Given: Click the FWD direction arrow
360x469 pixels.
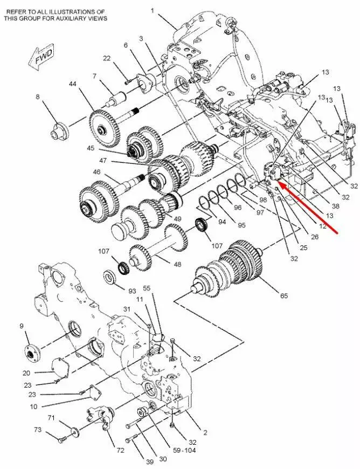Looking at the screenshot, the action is coord(40,58).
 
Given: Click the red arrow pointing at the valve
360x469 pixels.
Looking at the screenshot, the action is coord(307,208).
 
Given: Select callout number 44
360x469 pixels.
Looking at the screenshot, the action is coord(73,84).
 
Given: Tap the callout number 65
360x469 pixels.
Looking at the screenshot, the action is coord(284,295).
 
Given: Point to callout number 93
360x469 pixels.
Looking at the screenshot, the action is coord(132,291).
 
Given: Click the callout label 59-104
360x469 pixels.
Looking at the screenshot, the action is coord(185,450).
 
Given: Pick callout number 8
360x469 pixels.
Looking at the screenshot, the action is coord(37,96).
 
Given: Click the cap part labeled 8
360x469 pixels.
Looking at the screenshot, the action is coord(59,130).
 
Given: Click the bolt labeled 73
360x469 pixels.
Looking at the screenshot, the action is coord(63,440).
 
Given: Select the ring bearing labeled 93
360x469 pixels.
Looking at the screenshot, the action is coord(110,277).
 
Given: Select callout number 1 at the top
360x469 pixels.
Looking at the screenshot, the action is coord(152,11).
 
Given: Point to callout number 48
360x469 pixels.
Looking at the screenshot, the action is coord(178,264).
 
